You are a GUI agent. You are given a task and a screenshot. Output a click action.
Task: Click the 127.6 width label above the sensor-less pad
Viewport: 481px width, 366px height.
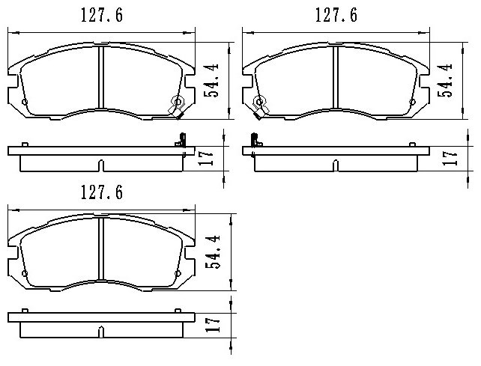102,192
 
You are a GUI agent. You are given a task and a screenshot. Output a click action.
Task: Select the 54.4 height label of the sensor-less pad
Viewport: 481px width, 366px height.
213,252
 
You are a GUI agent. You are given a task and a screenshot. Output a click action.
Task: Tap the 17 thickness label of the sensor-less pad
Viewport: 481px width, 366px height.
214,325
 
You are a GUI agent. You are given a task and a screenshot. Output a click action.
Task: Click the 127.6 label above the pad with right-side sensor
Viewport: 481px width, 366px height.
102,15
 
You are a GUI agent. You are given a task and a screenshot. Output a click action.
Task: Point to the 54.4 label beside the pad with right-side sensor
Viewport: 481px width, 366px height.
211,80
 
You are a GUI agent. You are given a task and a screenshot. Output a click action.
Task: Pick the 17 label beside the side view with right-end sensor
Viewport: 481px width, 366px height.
206,158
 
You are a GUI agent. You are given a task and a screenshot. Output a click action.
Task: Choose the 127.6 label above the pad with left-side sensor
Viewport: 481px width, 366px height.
336,15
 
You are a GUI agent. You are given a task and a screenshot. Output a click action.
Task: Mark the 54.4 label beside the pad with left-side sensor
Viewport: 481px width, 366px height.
445,80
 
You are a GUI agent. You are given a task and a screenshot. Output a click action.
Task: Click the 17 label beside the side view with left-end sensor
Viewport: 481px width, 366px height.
450,158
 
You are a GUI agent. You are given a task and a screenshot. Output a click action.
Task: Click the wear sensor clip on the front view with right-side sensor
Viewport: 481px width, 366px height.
177,106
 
